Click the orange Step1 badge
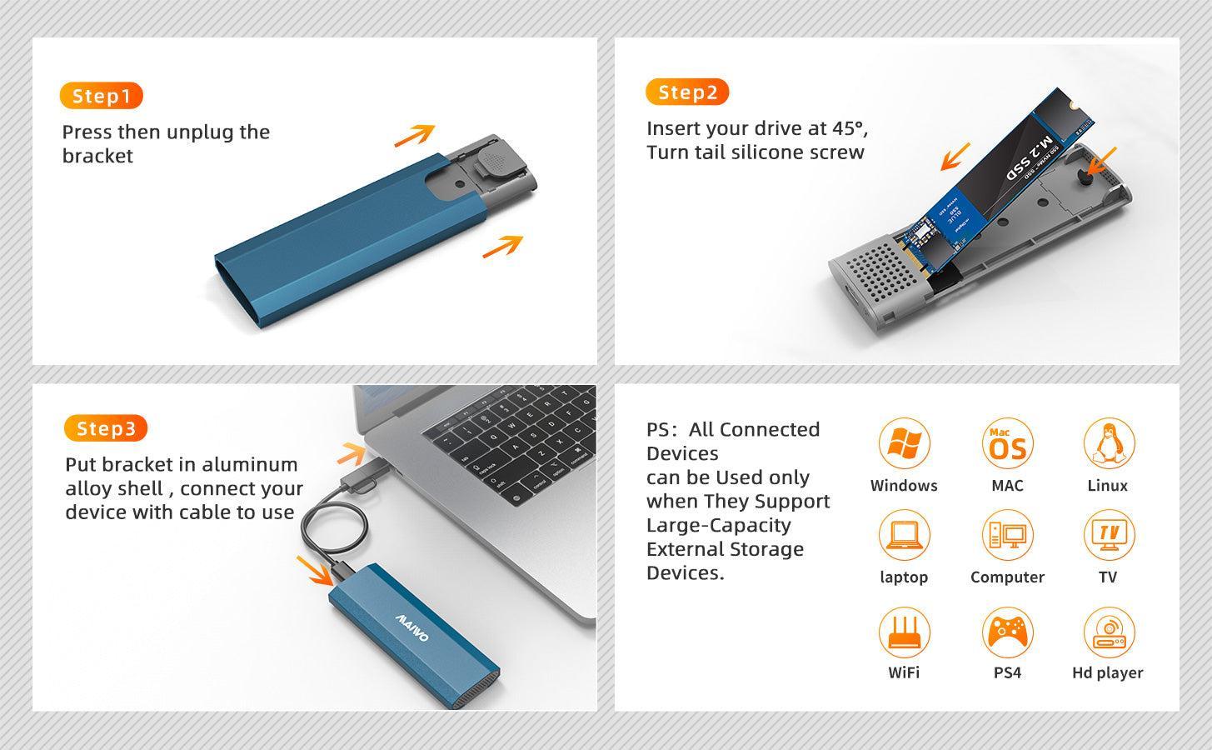101,96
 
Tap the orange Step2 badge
686,92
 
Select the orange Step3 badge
105,428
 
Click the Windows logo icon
904,444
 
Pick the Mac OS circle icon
1007,444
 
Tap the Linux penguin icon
1108,444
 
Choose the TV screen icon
1108,535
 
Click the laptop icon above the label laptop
904,535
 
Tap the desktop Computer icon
1007,535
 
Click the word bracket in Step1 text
97,157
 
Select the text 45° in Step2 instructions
849,128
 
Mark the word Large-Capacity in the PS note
718,526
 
